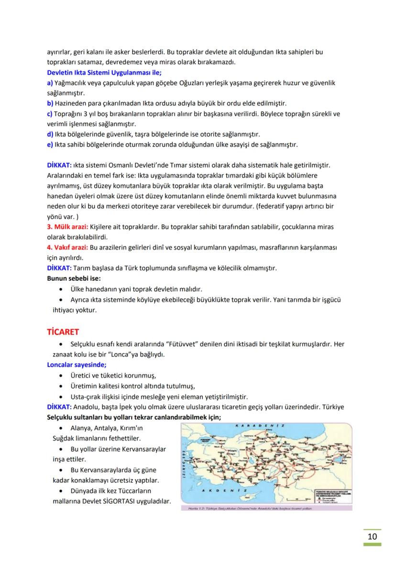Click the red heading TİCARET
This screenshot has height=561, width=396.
point(63,332)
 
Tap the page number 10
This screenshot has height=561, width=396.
point(373,536)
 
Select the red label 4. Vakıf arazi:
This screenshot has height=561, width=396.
point(67,247)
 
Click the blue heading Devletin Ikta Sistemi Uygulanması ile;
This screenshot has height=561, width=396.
point(104,72)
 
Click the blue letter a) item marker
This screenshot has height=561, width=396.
point(50,83)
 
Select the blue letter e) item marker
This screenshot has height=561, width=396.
point(50,144)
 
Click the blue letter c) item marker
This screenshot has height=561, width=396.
point(50,114)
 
